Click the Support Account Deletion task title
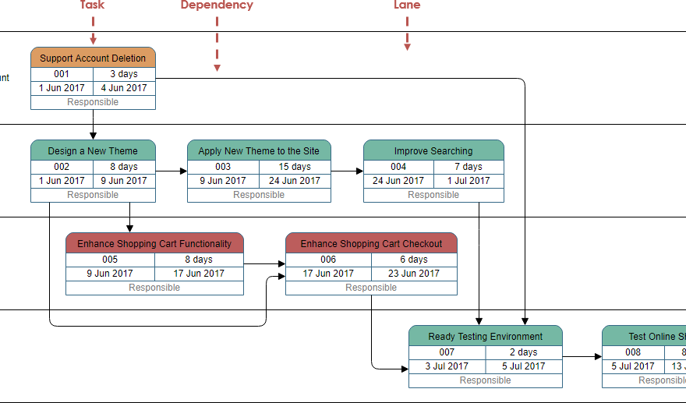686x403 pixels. [x=93, y=58]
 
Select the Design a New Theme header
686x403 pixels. [x=93, y=150]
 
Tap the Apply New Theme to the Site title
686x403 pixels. [x=259, y=150]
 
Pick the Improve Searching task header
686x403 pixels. [x=433, y=150]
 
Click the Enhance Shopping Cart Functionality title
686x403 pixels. [x=154, y=243]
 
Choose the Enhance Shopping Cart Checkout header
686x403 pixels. [x=371, y=243]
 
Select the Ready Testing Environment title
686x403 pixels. [x=485, y=336]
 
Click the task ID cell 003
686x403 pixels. [x=223, y=166]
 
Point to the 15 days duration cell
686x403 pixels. [x=295, y=166]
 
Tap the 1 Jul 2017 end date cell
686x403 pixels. [x=469, y=180]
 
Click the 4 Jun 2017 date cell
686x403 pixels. [x=124, y=88]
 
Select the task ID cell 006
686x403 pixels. [x=328, y=259]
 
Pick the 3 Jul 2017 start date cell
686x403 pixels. [x=447, y=366]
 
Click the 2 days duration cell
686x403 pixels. [x=523, y=352]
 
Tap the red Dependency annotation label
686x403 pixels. [x=217, y=5]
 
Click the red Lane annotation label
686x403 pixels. [x=407, y=5]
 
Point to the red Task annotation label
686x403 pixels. [x=92, y=5]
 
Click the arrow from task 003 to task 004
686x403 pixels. [x=347, y=171]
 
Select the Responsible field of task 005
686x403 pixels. [x=154, y=288]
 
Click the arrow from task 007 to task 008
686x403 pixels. [x=582, y=356]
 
